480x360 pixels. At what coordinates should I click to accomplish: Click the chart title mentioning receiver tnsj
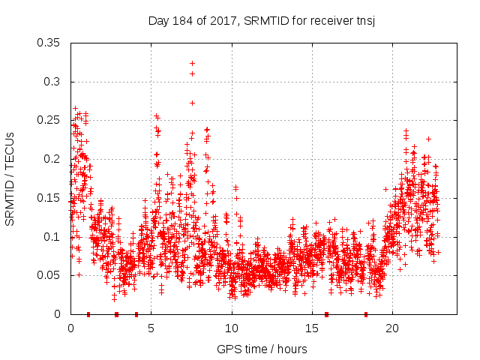point(261,20)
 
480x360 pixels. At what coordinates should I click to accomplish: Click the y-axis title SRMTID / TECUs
point(10,178)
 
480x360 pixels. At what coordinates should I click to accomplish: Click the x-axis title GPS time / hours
point(261,349)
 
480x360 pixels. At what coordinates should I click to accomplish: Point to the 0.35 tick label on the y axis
point(49,43)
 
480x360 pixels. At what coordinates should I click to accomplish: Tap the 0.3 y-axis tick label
point(52,82)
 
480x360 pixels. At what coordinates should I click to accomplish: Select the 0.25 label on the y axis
point(49,120)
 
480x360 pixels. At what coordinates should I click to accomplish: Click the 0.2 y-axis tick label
point(52,159)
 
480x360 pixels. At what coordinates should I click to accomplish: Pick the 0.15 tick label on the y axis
point(49,198)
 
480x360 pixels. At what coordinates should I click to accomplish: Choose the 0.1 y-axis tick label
point(52,236)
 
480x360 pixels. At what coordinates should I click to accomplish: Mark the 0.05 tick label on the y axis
point(49,275)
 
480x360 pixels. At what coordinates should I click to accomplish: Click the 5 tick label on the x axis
point(151,328)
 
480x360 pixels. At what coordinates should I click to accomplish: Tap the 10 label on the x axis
point(232,328)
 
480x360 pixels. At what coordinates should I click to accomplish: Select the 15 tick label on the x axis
point(312,328)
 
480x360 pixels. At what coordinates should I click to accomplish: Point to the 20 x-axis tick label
point(392,328)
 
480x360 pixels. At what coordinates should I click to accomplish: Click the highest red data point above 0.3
point(193,63)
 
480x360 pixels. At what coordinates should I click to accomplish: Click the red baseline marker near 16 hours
point(326,314)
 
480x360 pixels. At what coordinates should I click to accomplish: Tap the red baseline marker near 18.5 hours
point(366,314)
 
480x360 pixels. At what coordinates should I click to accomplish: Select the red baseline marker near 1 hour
point(88,314)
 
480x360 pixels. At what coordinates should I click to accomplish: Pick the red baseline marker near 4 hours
point(136,314)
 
